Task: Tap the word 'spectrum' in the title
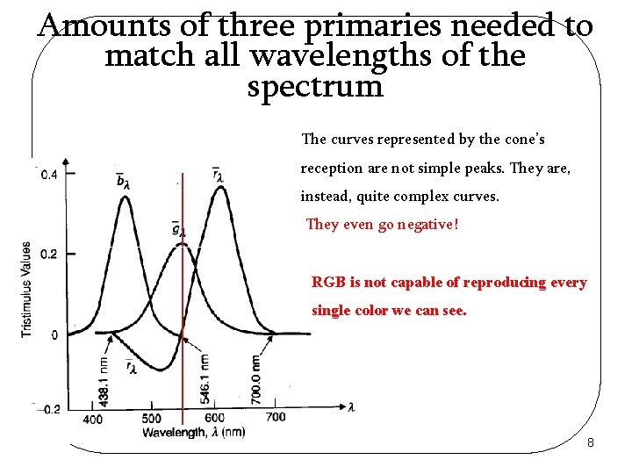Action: coord(315,87)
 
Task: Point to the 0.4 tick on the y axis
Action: coord(50,175)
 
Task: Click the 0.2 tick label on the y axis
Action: coord(50,254)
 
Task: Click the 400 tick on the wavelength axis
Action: coord(93,419)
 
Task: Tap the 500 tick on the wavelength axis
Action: coord(151,419)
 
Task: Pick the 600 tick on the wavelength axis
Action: coord(213,419)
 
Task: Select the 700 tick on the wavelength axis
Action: coord(275,419)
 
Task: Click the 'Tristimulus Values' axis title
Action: coord(27,289)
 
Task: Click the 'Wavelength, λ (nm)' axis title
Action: coord(194,432)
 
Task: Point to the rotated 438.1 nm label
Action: coord(104,379)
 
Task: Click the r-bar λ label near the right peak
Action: coord(218,175)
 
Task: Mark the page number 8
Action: coord(591,442)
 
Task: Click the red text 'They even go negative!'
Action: coord(381,225)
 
